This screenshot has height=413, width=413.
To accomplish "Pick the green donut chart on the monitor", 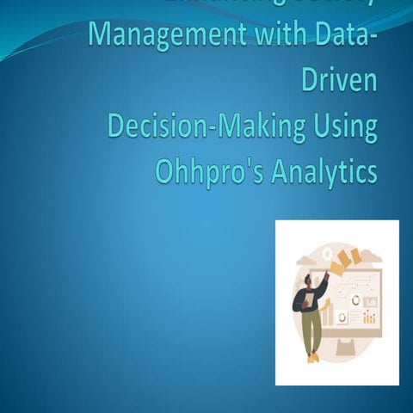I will click(x=355, y=300).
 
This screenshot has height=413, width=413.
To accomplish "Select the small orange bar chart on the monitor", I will click(x=369, y=318).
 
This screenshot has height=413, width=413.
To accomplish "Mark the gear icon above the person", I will click(x=327, y=253).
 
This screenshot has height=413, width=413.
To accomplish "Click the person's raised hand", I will click(x=327, y=275).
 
